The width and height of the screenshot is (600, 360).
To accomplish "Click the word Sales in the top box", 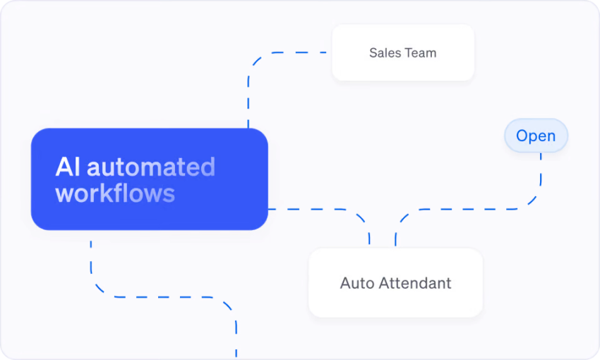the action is click(x=385, y=53).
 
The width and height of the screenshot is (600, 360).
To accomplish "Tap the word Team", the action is click(x=421, y=53).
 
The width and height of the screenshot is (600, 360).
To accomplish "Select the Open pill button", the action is click(x=536, y=136).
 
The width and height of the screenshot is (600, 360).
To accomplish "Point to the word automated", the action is click(x=151, y=167).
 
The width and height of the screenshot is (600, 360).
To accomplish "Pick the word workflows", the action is click(x=115, y=193).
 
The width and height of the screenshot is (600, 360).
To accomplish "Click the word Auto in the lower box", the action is click(x=357, y=283).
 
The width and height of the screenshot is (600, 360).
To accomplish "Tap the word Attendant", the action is click(x=415, y=283).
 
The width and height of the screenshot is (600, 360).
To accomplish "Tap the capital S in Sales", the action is click(x=373, y=53).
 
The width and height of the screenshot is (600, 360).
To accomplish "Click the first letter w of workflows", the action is click(x=64, y=195).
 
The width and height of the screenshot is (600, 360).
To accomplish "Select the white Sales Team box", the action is click(x=403, y=53).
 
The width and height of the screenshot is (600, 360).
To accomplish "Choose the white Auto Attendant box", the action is click(x=396, y=283).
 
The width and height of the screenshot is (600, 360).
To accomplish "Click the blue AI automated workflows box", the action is click(x=150, y=179).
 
